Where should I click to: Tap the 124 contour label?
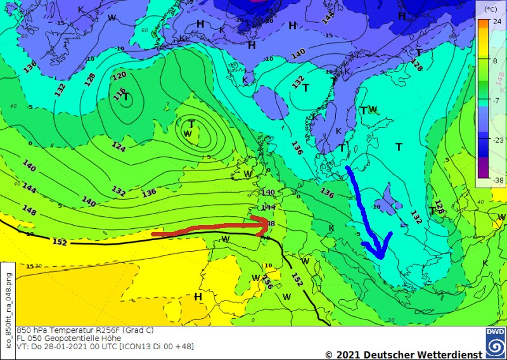point(119,147)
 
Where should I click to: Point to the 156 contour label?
point(269,283)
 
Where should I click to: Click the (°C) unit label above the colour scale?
point(489,9)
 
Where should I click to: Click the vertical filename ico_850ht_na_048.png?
point(8,297)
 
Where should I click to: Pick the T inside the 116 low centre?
point(126,97)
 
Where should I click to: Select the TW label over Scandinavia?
point(368,110)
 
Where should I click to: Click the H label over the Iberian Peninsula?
point(198,296)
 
